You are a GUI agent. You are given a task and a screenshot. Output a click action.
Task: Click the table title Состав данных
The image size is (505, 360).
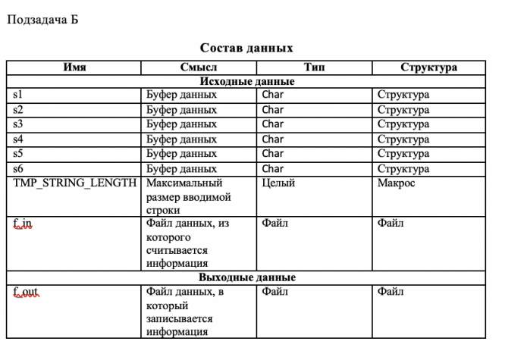tap(246, 49)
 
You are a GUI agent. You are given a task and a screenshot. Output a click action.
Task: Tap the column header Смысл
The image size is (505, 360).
tap(199, 67)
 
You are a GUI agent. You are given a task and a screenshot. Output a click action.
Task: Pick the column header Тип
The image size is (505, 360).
tap(314, 67)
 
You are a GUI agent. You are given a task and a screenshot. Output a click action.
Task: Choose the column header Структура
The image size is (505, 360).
tap(429, 67)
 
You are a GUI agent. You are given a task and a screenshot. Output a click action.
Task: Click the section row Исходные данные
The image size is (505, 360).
tap(246, 81)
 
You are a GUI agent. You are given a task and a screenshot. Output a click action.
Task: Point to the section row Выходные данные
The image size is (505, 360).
tap(246, 277)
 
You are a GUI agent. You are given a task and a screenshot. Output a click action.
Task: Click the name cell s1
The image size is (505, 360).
tap(19, 95)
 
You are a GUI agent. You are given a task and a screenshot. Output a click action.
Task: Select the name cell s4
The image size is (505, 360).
tap(19, 139)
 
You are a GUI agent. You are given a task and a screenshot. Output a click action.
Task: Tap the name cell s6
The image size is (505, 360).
tap(19, 168)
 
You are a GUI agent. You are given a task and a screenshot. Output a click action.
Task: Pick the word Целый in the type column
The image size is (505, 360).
tap(278, 183)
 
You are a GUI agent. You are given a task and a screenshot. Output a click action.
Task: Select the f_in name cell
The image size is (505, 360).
tap(24, 224)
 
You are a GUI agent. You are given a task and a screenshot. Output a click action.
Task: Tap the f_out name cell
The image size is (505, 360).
tap(27, 292)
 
